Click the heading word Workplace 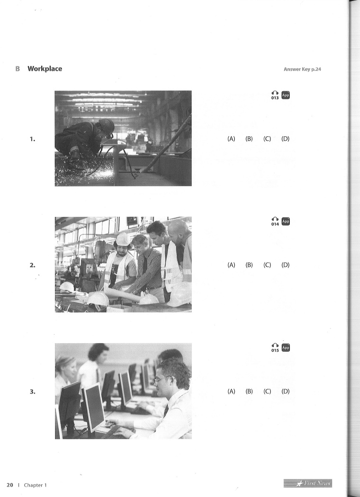[45, 69]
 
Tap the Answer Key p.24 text [303, 69]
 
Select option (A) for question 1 [231, 139]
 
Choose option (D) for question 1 [285, 139]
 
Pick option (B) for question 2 [249, 265]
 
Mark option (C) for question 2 [267, 265]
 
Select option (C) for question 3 [267, 391]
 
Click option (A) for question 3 [231, 391]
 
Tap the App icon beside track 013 [286, 95]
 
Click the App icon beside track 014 [286, 221]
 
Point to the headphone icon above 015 [275, 346]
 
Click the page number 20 [10, 485]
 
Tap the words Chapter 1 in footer [35, 485]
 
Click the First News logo [308, 483]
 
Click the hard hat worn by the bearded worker [123, 239]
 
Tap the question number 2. [32, 265]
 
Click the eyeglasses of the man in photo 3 [163, 379]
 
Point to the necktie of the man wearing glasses [166, 411]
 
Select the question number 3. [32, 392]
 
